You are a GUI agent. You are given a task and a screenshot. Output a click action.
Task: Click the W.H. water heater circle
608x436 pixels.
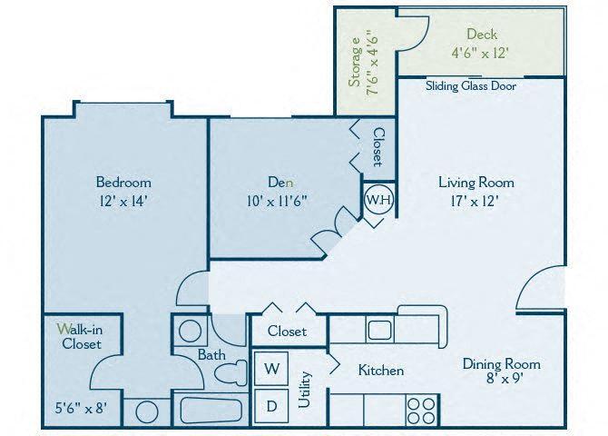(378, 201)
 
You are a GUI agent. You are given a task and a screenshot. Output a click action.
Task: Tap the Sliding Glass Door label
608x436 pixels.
(470, 87)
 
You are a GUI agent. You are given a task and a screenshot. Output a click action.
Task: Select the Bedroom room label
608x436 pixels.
(123, 182)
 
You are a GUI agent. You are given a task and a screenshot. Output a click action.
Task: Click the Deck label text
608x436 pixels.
(481, 35)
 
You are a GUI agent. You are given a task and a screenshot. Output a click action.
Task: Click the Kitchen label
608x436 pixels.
(381, 371)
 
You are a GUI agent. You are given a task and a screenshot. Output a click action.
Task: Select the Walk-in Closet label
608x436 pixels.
(81, 335)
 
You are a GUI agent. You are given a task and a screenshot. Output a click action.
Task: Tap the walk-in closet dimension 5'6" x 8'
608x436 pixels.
(81, 408)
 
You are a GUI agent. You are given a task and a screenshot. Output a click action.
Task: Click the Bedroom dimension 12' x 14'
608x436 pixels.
(123, 201)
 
